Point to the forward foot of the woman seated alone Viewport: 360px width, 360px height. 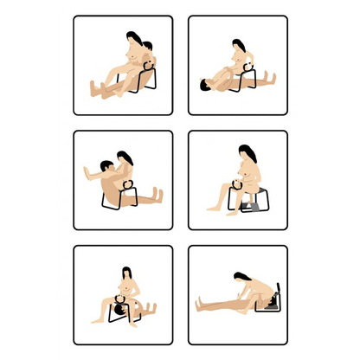(210, 209)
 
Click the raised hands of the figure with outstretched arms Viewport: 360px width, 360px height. (87, 169)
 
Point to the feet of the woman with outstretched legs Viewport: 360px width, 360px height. (200, 303)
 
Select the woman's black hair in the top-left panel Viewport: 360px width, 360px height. (132, 40)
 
